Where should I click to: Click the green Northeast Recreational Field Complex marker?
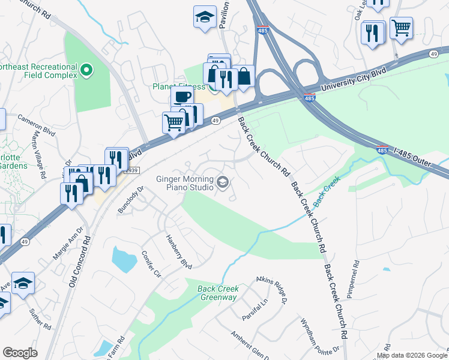click(86, 71)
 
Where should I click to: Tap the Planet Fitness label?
click(175, 86)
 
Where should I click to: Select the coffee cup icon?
click(182, 97)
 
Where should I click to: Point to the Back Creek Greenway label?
click(218, 293)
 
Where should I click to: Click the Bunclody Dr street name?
click(132, 197)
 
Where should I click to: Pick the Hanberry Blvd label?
click(179, 251)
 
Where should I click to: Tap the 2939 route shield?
click(132, 170)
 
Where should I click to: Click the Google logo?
click(20, 353)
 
